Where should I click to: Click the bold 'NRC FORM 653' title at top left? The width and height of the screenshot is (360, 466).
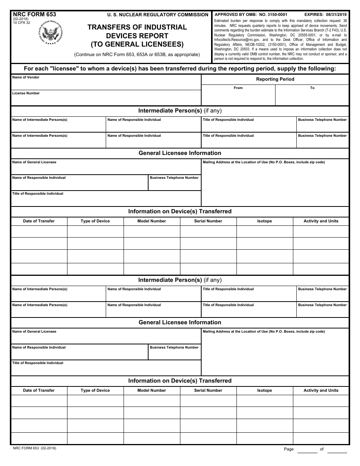(34, 14)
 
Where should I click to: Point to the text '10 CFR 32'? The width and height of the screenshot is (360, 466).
(21, 23)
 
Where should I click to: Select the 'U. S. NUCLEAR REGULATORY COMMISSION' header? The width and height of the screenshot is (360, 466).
(158, 15)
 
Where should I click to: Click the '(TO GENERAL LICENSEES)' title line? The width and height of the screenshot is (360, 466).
(137, 44)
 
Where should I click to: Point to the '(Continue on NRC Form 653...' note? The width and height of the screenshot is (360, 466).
(137, 55)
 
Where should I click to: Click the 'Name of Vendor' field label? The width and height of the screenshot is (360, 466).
(26, 77)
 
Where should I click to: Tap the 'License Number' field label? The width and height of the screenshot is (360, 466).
(26, 93)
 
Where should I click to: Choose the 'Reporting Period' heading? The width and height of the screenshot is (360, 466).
(275, 79)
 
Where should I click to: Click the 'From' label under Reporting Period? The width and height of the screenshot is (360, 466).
(238, 88)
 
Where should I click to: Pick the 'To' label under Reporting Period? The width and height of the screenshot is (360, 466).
(312, 88)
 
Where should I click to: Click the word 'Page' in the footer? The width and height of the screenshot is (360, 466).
(289, 449)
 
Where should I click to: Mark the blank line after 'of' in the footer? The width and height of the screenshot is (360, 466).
(337, 450)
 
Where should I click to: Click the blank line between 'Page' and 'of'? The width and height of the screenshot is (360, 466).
(307, 450)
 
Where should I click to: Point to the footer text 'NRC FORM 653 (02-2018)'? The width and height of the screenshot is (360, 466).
(34, 448)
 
